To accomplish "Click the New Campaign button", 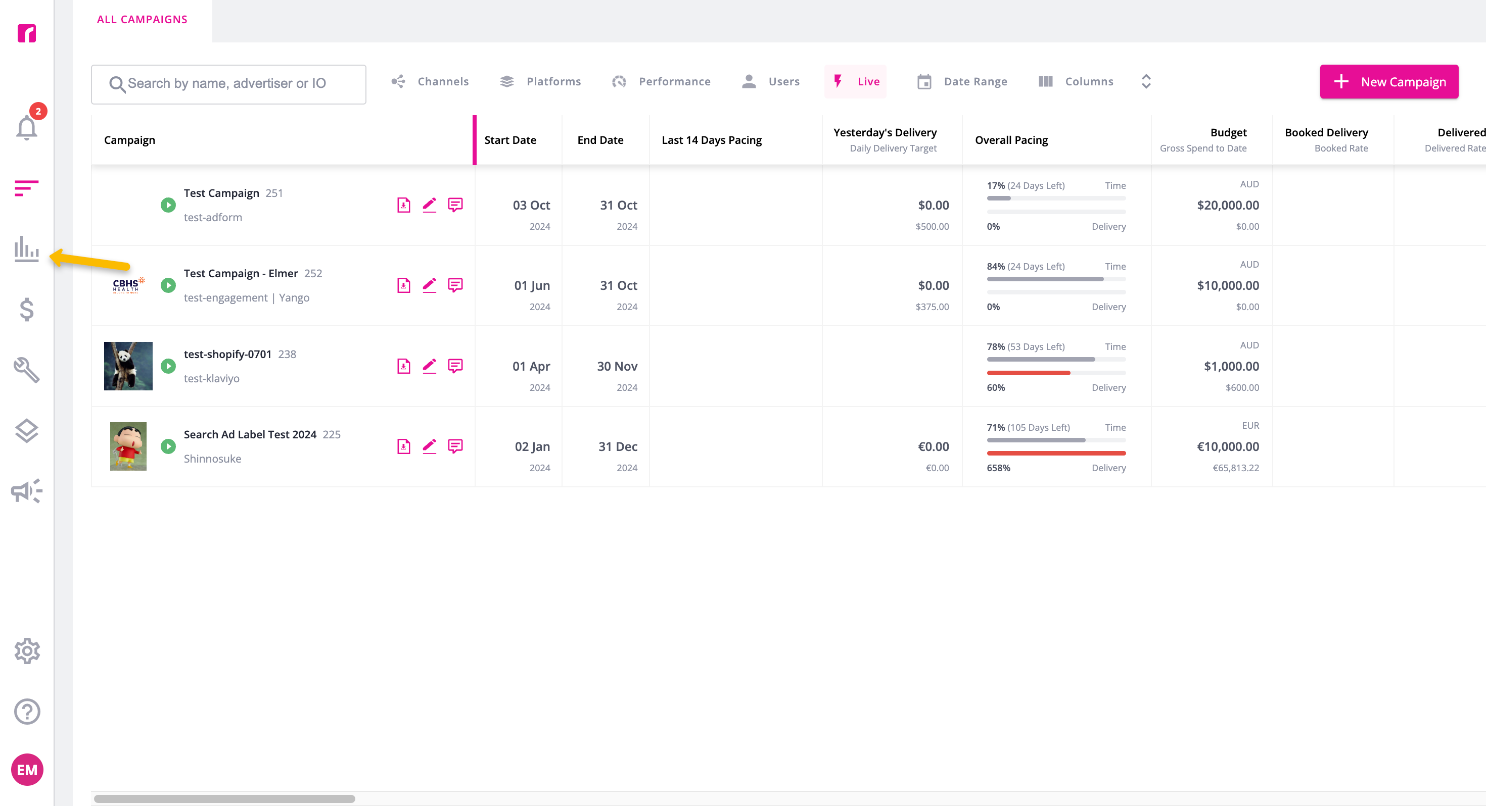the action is (x=1388, y=82).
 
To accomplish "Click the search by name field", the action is (x=228, y=84).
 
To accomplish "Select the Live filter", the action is (x=856, y=82).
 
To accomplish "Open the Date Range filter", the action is (x=962, y=82).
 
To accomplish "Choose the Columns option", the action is (x=1076, y=82).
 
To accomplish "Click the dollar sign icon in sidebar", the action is (x=26, y=310).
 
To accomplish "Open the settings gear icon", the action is (x=26, y=651).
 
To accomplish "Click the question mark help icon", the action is (x=26, y=712).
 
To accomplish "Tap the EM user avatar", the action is (x=26, y=770).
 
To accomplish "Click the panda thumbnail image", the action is (x=128, y=366).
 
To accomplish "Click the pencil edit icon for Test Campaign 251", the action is (x=429, y=205).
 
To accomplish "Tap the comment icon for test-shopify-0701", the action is (x=455, y=366).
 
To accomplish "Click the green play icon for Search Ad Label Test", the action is (x=168, y=446).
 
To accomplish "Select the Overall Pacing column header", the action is (x=1011, y=140).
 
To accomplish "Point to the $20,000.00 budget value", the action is (x=1228, y=205).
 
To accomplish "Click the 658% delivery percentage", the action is (x=998, y=468).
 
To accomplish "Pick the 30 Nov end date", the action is (x=617, y=367).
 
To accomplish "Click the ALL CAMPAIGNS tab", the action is (x=142, y=20).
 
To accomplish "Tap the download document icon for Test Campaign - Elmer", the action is (x=404, y=285).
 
